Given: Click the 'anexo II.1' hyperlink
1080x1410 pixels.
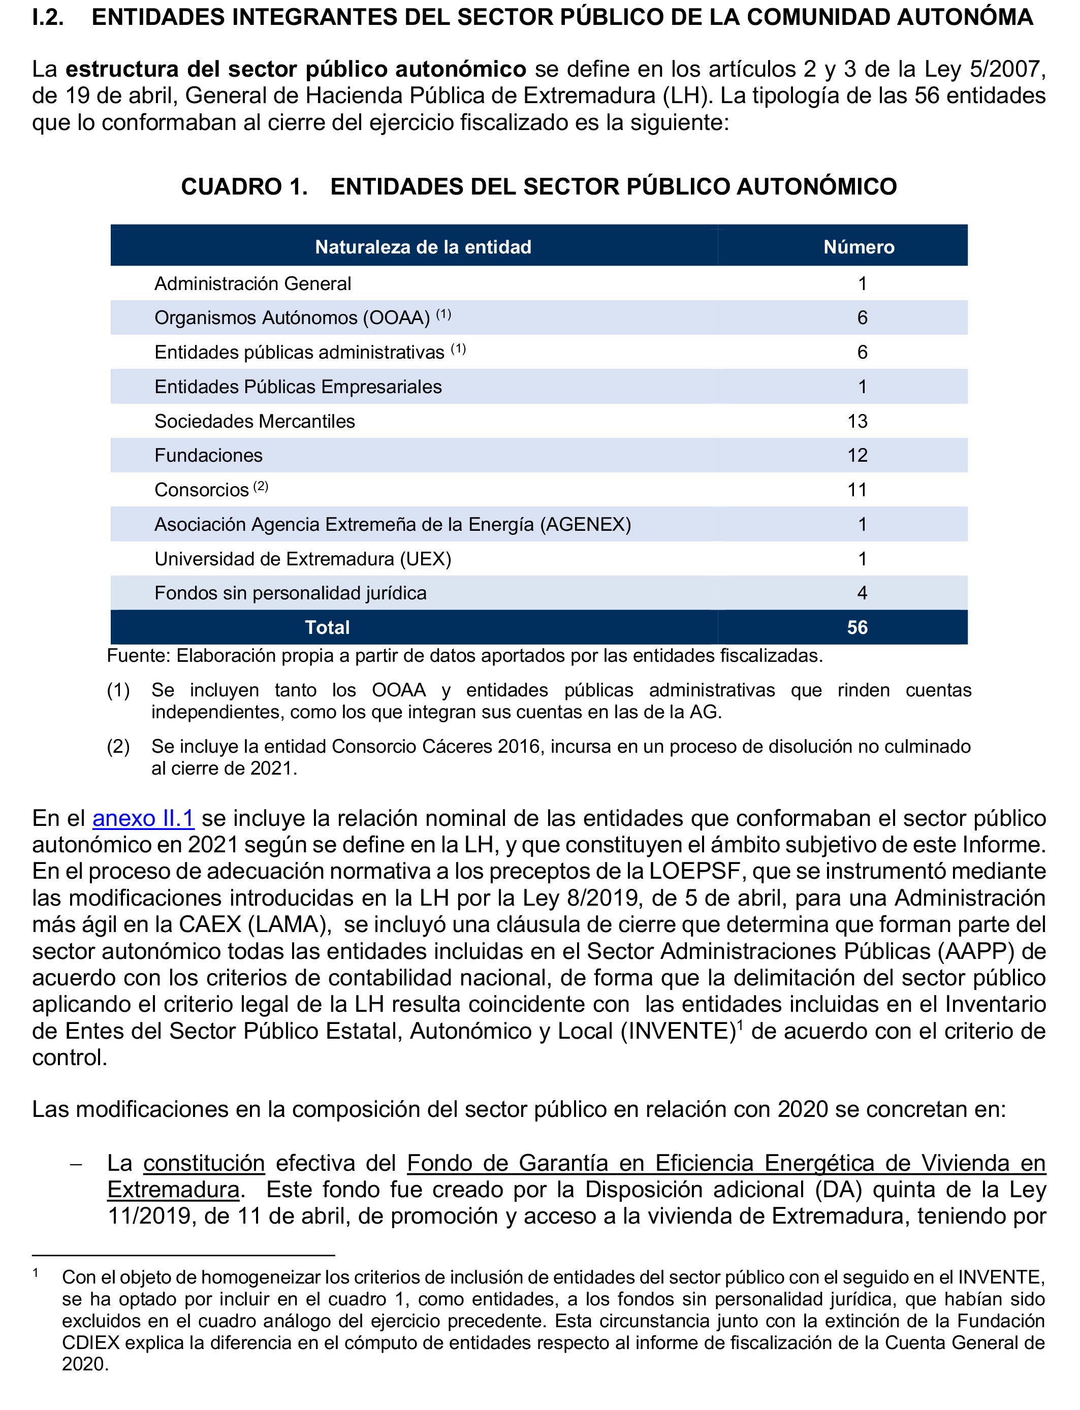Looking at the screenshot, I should (143, 818).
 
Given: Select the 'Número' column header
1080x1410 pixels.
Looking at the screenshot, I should (859, 247).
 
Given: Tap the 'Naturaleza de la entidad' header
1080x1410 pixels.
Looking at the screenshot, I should (423, 247).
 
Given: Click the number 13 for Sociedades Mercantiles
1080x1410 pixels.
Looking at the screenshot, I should (857, 422).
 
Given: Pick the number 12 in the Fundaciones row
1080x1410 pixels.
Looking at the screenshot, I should (857, 456).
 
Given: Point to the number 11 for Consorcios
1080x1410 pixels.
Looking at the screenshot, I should (857, 490).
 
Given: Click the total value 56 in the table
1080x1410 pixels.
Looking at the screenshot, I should (857, 628).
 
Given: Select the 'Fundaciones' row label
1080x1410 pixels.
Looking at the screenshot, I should (208, 456).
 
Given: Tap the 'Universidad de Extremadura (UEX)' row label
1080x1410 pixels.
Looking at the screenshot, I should (303, 559).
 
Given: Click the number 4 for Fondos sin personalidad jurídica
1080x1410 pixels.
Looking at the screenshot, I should (862, 593).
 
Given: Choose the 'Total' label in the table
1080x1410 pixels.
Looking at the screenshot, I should (327, 628).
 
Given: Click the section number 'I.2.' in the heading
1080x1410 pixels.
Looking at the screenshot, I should (48, 17).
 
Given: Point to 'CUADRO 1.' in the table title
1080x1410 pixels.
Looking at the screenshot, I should (244, 187).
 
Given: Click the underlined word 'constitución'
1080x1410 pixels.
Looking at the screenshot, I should (204, 1163).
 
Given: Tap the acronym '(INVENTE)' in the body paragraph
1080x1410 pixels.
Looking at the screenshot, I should (678, 1031).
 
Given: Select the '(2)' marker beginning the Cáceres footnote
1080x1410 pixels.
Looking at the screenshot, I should (118, 747).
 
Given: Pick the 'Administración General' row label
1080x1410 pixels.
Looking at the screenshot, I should (252, 284).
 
